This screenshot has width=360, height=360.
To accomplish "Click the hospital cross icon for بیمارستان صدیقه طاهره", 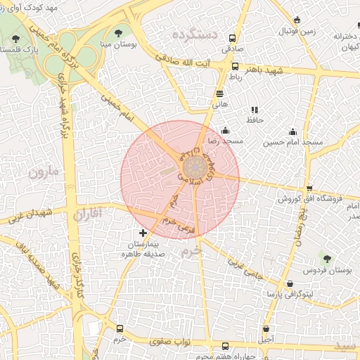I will click(x=143, y=233).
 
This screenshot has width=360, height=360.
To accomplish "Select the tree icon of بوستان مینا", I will click(x=117, y=32).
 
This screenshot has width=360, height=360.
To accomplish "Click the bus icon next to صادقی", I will click(x=233, y=39).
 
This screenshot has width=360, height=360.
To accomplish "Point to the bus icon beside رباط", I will click(x=235, y=66).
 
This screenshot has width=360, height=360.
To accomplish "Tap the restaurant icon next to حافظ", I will click(x=255, y=110).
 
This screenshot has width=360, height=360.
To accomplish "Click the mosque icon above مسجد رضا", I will click(x=225, y=130).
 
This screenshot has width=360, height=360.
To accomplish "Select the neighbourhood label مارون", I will click(x=44, y=170).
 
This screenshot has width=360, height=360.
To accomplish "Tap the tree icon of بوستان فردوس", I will click(x=327, y=259).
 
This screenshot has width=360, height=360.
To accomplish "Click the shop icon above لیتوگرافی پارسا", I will click(x=290, y=283).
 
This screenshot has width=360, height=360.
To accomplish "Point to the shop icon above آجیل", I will click(x=266, y=328).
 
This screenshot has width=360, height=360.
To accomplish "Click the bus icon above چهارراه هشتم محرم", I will click(x=225, y=346).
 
